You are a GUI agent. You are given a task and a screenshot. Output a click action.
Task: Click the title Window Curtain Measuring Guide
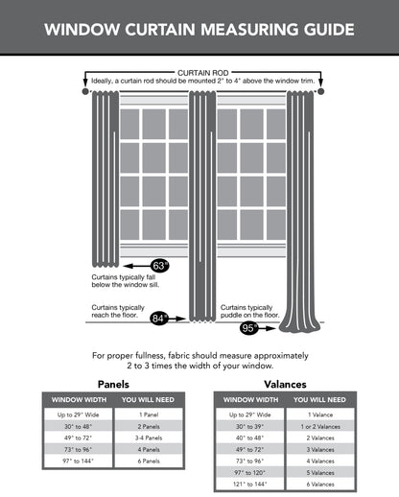point(199,29)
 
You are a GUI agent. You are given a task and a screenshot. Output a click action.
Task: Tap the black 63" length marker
point(160,266)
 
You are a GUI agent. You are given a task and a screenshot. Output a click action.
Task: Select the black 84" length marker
point(159,316)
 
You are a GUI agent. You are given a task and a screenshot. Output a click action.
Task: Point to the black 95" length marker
point(249,328)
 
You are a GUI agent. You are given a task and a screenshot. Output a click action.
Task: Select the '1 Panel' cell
point(148,414)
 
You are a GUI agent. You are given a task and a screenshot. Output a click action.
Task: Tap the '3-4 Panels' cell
point(148,437)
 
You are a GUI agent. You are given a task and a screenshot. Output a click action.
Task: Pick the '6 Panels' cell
point(148,460)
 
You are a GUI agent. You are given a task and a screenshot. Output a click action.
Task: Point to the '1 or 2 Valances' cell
point(319,426)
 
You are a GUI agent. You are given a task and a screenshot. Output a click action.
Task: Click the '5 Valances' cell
point(319,471)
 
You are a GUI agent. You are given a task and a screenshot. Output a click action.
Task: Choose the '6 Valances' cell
point(319,483)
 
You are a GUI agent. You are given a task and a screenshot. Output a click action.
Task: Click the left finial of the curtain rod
point(84,92)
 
